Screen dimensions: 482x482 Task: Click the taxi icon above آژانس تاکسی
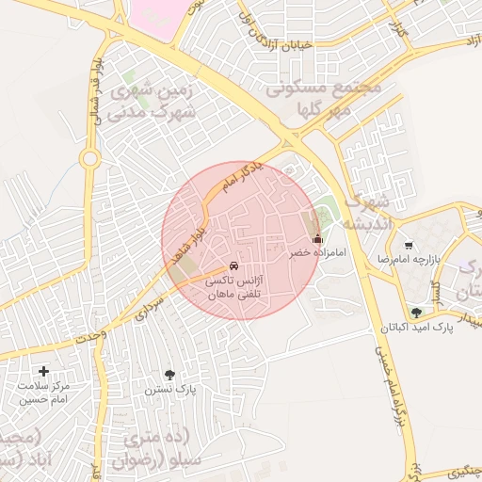[233, 265]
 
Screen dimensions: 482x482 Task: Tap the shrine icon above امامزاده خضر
[317, 239]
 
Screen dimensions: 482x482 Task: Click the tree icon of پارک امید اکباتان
[417, 313]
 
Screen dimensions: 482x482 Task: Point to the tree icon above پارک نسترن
[169, 374]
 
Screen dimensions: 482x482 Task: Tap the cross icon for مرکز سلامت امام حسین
[43, 371]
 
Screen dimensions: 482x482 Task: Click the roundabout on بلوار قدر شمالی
[89, 159]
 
